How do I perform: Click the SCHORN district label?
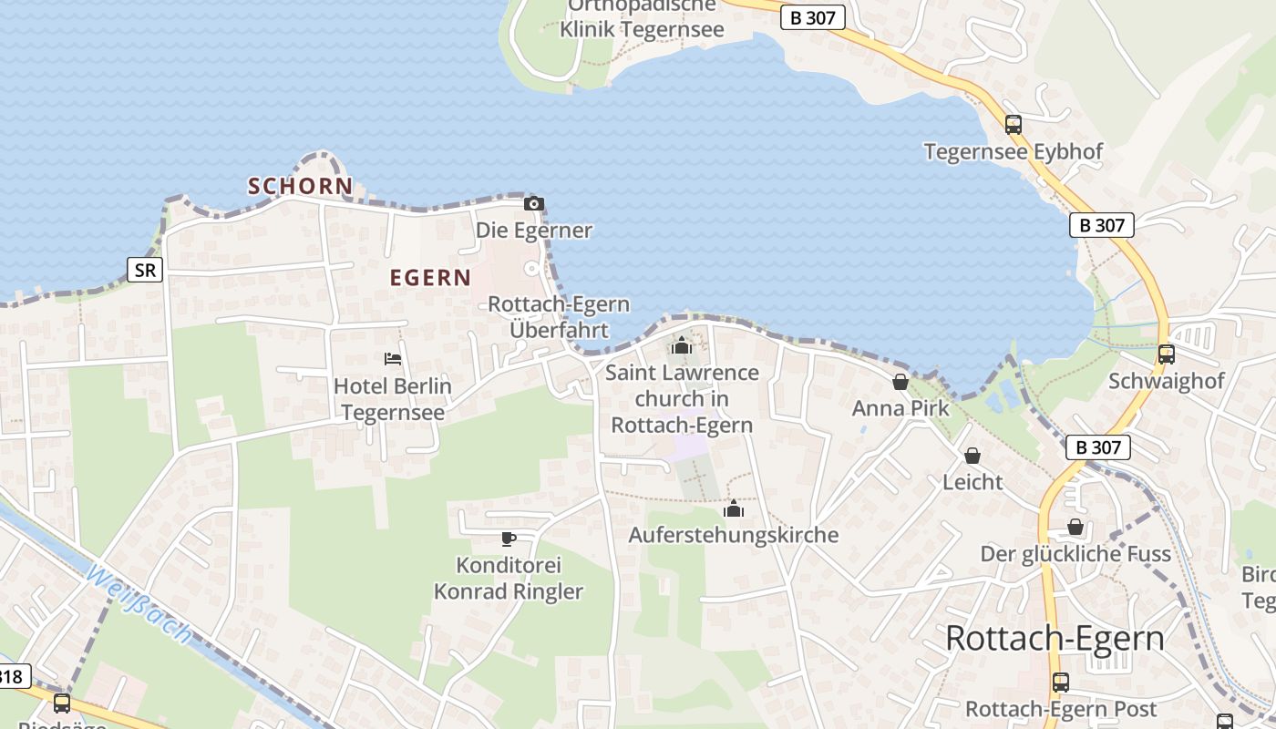click(x=300, y=186)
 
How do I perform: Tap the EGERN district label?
click(x=430, y=278)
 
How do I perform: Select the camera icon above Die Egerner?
click(x=534, y=203)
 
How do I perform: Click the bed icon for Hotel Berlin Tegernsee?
click(x=393, y=359)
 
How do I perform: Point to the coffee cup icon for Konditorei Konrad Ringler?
click(x=509, y=539)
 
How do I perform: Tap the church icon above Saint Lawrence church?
click(x=681, y=345)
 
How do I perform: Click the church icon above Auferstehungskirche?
click(x=733, y=508)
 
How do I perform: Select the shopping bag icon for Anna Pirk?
click(x=900, y=382)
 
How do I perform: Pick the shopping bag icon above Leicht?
click(x=972, y=456)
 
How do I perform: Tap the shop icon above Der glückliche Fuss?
click(x=1075, y=527)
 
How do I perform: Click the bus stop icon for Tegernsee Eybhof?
click(x=1013, y=125)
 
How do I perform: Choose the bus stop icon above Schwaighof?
click(x=1166, y=354)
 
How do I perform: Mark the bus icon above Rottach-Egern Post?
click(x=1060, y=683)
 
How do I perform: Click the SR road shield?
click(x=145, y=270)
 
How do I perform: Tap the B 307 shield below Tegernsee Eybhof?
click(x=1101, y=225)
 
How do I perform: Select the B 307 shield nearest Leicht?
click(x=1097, y=447)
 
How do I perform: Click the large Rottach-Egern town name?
click(x=1055, y=638)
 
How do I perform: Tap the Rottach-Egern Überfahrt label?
click(x=559, y=316)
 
